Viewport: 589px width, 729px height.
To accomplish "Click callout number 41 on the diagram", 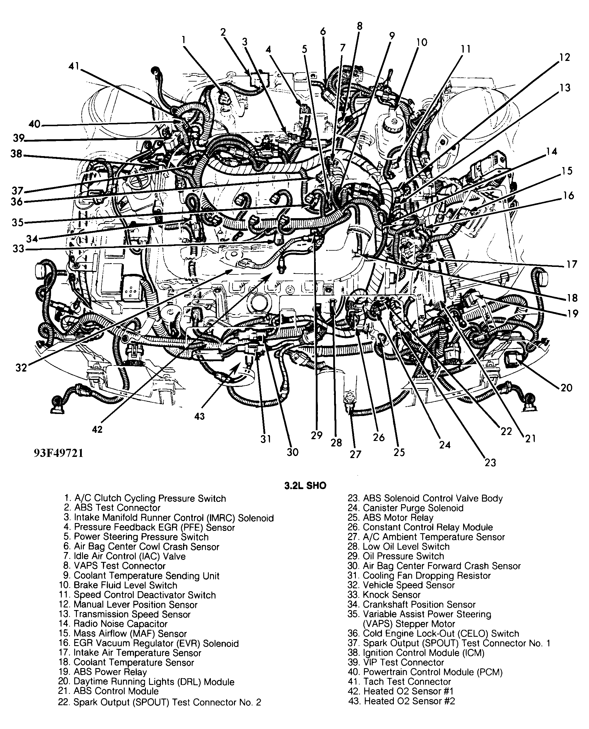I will tap(74, 66).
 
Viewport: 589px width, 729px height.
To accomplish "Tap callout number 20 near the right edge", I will tap(566, 387).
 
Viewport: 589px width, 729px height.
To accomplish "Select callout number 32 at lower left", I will tap(21, 368).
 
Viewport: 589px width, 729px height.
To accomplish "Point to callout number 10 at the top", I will tap(422, 42).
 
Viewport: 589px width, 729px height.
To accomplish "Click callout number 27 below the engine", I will tap(355, 454).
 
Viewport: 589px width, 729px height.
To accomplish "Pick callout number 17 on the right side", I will tap(572, 264).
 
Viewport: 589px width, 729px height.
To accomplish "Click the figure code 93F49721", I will tap(58, 453).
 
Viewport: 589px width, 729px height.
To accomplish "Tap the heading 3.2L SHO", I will tap(305, 486).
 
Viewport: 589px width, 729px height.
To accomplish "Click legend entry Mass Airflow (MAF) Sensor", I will tap(130, 634).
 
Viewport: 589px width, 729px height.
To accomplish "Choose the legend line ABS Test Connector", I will tap(117, 508).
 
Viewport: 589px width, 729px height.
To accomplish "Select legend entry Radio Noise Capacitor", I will tap(120, 624).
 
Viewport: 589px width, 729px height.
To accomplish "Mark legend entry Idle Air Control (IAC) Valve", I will tap(130, 556).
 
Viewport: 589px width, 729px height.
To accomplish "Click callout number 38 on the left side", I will tap(16, 154).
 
